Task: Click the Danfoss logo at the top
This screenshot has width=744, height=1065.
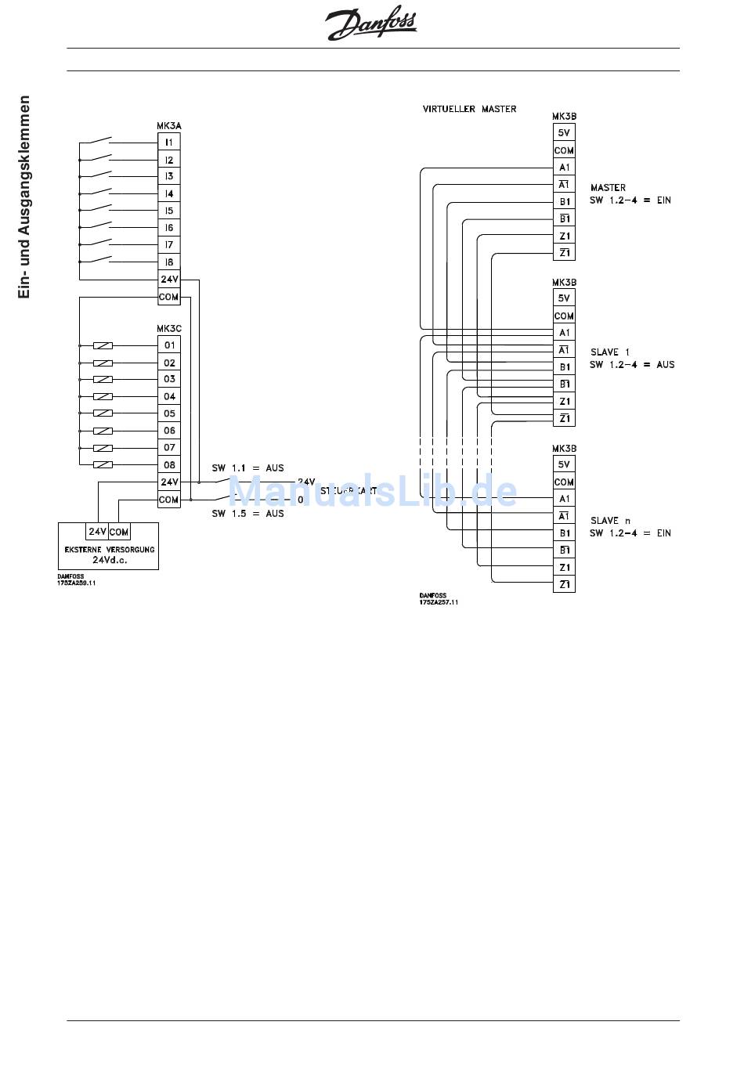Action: [x=371, y=24]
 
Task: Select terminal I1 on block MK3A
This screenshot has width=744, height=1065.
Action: [x=169, y=142]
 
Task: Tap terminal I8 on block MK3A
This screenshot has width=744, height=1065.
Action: [x=169, y=262]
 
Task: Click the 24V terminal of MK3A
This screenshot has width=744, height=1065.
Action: [x=169, y=280]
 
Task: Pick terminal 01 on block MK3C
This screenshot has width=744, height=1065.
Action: [x=169, y=345]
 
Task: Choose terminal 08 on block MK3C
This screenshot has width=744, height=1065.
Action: [x=169, y=464]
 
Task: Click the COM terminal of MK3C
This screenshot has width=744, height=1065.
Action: [x=169, y=500]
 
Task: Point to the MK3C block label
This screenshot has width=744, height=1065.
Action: [x=169, y=329]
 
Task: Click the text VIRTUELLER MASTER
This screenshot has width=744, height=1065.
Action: [x=469, y=109]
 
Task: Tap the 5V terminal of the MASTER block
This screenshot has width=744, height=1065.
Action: [x=564, y=132]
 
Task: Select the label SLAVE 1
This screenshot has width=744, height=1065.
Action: [x=610, y=352]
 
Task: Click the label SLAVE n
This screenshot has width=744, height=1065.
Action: [x=610, y=521]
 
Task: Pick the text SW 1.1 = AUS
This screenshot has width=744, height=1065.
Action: [x=247, y=468]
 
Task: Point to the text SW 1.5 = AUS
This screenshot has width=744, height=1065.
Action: [x=247, y=514]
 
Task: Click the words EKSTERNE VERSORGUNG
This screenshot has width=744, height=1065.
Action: [x=109, y=550]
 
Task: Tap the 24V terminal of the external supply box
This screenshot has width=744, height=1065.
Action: [x=97, y=532]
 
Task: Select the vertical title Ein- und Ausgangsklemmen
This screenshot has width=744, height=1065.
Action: [x=24, y=197]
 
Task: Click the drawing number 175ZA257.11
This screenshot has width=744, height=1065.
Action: [x=439, y=602]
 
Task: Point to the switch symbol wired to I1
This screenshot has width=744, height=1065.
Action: [x=99, y=142]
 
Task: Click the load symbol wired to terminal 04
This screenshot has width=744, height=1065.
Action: [x=103, y=396]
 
